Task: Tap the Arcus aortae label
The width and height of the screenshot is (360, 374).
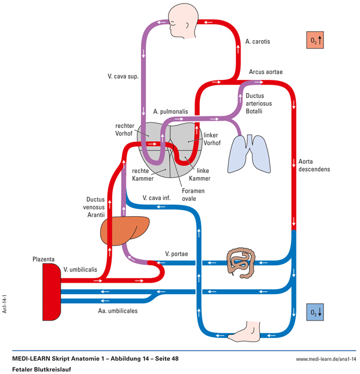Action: point(266,72)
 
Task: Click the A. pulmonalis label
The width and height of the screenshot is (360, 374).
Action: point(170,112)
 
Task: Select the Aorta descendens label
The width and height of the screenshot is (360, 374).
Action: point(314,165)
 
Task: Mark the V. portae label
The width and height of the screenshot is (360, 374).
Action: point(176,254)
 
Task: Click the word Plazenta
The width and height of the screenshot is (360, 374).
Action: point(44,260)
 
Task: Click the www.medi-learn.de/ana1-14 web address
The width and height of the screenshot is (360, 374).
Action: point(326,359)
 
